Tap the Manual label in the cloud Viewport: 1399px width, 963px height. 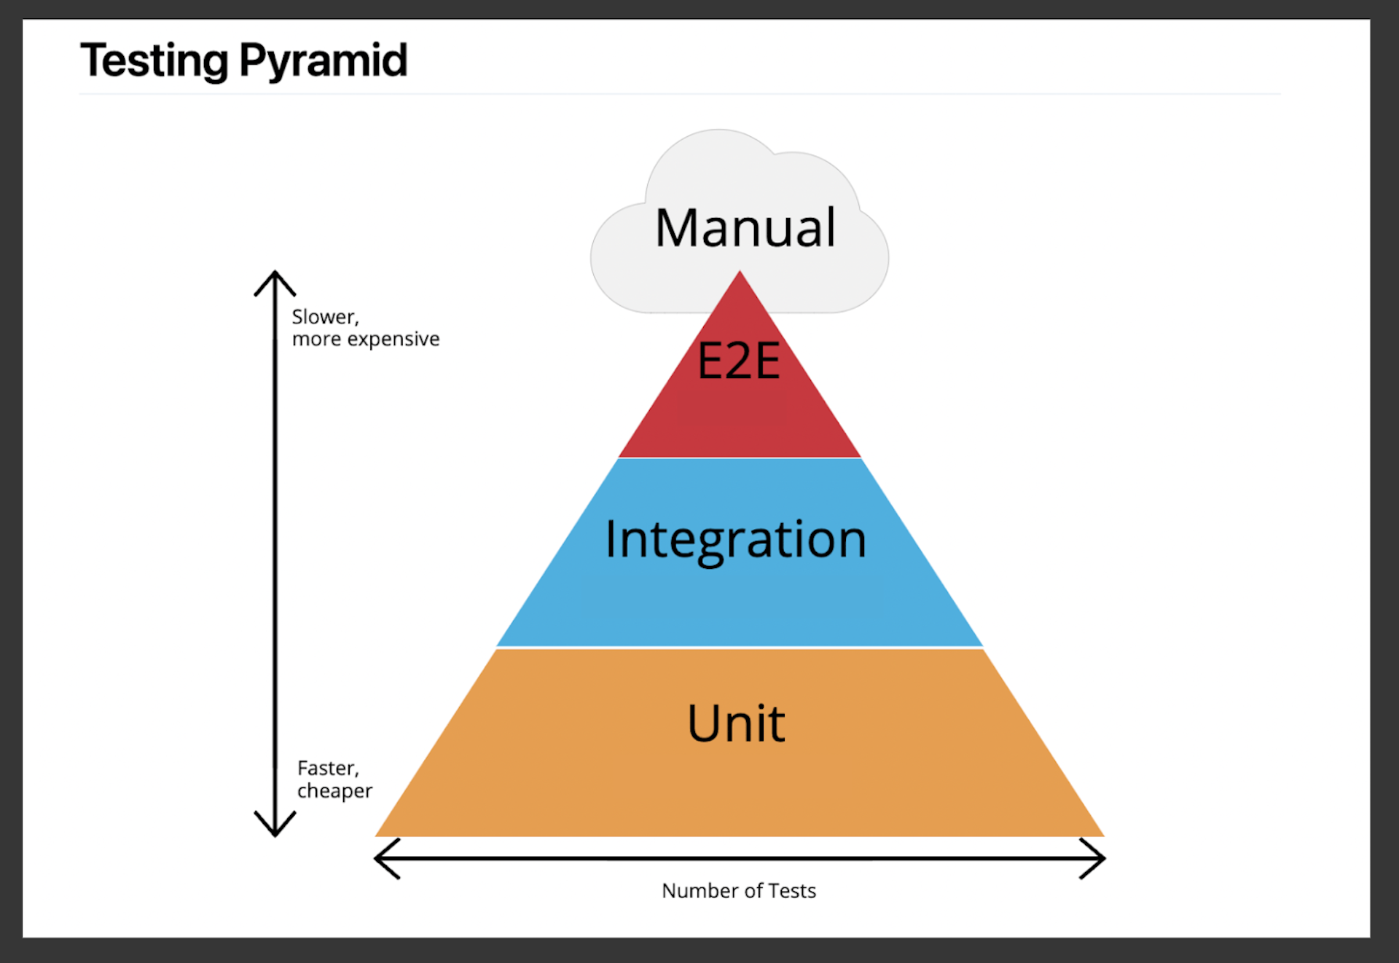point(745,228)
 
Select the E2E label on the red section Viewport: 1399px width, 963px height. point(739,361)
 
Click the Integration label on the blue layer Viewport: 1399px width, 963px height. point(736,540)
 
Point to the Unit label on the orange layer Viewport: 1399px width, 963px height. point(736,723)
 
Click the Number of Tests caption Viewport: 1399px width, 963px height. point(738,890)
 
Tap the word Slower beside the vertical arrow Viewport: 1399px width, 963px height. point(324,317)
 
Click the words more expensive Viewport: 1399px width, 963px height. point(366,339)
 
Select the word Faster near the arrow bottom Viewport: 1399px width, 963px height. point(326,769)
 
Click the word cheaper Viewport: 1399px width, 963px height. point(334,791)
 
